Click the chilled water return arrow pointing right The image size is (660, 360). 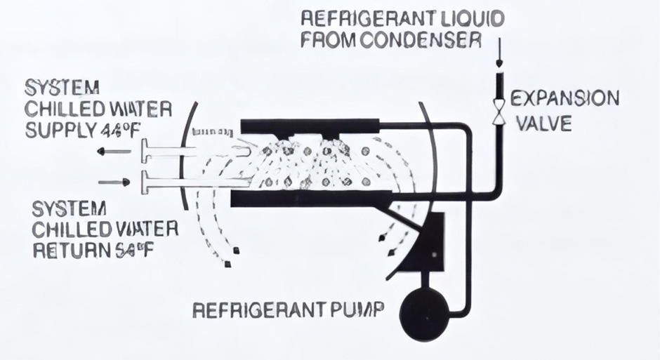point(114,182)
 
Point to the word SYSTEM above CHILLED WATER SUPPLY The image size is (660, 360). point(62,88)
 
